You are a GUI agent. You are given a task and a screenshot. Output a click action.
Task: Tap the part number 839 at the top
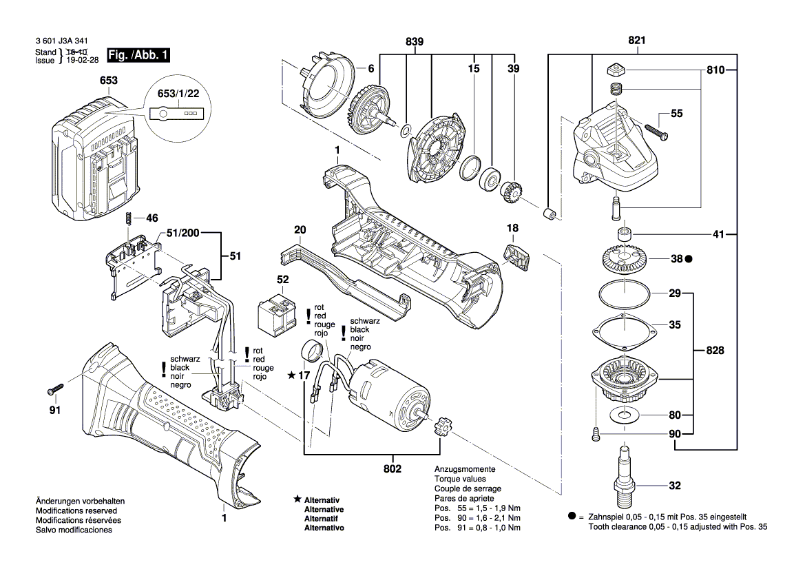(x=415, y=42)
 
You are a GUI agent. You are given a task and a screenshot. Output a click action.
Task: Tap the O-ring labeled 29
(x=624, y=295)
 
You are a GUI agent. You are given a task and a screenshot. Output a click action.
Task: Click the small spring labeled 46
(x=129, y=218)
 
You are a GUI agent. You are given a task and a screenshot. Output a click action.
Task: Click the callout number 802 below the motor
(x=393, y=468)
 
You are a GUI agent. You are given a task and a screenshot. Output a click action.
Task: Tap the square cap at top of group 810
(x=614, y=70)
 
